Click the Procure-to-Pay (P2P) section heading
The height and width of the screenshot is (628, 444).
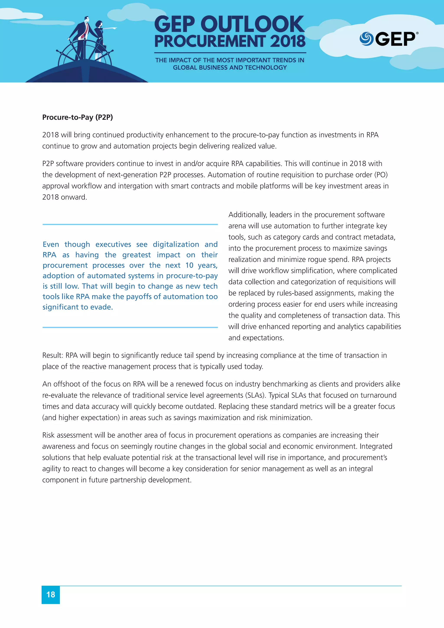coord(77,117)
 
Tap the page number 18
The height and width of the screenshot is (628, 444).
coord(51,594)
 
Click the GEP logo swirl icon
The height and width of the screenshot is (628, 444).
coord(366,39)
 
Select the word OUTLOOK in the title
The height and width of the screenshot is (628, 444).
coord(252,25)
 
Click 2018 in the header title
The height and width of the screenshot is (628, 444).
coord(288,41)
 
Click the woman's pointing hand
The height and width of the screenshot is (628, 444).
coord(114,28)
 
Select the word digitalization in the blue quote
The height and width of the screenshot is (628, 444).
coord(176,244)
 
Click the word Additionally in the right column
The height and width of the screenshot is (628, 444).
coord(248,215)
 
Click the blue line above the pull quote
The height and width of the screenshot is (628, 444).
coord(130,224)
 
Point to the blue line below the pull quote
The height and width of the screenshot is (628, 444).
coord(130,327)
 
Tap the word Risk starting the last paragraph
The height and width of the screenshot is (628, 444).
coord(48,435)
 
